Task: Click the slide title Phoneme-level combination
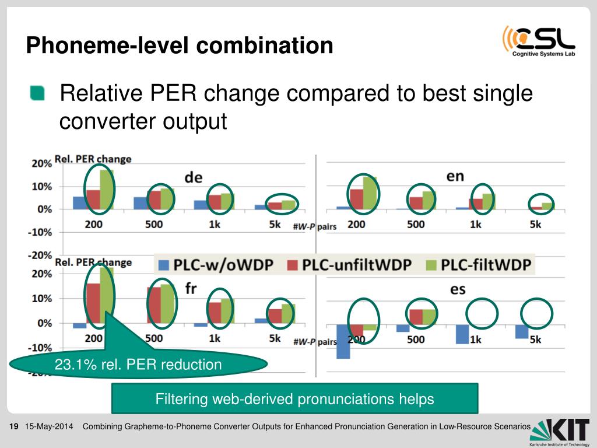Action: [x=180, y=45]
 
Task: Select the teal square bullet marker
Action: [x=37, y=93]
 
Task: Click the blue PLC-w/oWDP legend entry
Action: [x=215, y=265]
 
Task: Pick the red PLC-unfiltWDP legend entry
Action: [x=349, y=265]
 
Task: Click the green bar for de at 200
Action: [x=106, y=190]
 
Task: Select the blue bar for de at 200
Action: [x=79, y=203]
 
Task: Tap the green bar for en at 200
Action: [x=370, y=193]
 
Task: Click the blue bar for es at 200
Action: [x=343, y=341]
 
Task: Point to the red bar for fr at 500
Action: [x=154, y=305]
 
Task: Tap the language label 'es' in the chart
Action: [x=458, y=289]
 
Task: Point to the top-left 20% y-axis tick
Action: [x=41, y=164]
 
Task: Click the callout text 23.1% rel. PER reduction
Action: [x=138, y=365]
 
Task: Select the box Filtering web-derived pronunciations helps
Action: [x=294, y=399]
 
